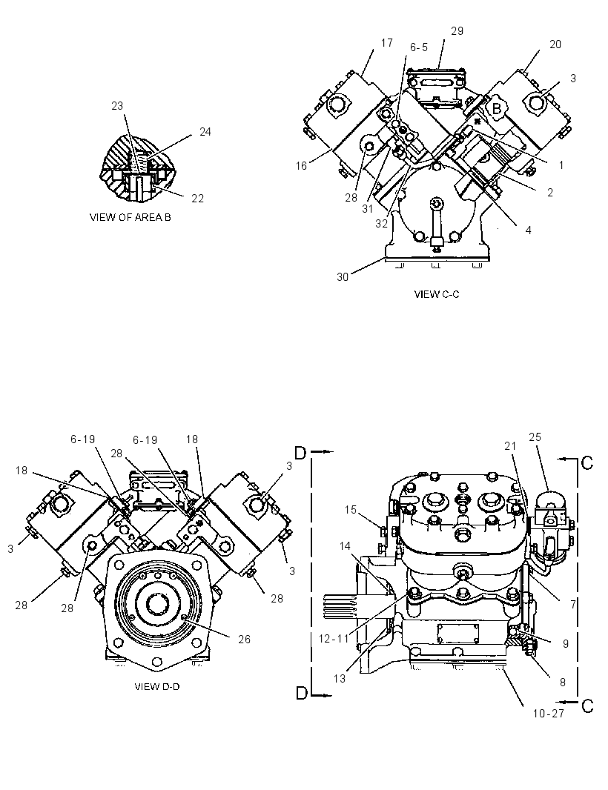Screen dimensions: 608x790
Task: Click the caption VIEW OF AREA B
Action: click(x=130, y=217)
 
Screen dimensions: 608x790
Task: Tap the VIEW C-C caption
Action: click(x=437, y=293)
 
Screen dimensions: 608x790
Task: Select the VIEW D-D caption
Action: click(x=156, y=686)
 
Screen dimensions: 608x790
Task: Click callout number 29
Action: click(x=457, y=30)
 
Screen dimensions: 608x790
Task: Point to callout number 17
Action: click(x=387, y=43)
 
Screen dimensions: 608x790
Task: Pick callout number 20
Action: click(x=555, y=44)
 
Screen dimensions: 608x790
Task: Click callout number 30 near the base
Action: click(x=343, y=277)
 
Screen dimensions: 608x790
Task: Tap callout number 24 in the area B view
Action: click(x=205, y=131)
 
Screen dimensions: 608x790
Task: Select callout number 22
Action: click(x=198, y=199)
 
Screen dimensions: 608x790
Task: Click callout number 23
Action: click(x=117, y=106)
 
